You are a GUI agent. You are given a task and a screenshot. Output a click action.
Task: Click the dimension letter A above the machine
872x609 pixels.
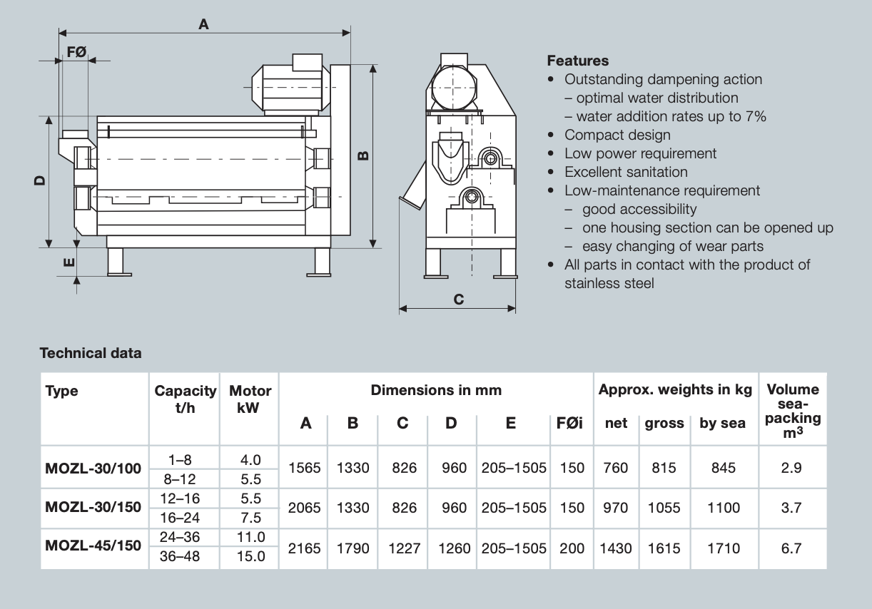click(x=203, y=24)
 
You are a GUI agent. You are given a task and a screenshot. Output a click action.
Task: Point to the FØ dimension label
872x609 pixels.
click(x=76, y=51)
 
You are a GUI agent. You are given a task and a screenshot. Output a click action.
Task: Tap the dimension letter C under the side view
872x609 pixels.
click(x=459, y=300)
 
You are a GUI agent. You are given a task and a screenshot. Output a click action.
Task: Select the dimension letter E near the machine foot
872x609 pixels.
click(x=69, y=262)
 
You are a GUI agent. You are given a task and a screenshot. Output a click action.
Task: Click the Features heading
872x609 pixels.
click(x=578, y=61)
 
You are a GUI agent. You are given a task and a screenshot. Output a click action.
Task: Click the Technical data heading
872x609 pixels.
click(x=91, y=353)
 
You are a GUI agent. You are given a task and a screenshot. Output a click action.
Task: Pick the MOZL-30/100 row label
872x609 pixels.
click(x=93, y=469)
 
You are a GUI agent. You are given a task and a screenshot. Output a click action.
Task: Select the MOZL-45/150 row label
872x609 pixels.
click(x=93, y=546)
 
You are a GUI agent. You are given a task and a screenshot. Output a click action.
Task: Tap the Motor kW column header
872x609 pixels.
click(x=250, y=399)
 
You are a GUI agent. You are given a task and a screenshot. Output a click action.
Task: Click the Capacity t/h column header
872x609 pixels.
click(x=185, y=399)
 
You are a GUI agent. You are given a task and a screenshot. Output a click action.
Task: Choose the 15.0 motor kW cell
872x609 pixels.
click(x=250, y=556)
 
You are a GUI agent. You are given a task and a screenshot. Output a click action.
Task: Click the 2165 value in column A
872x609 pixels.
click(x=304, y=548)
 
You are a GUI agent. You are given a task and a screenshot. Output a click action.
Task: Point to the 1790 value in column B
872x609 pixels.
click(x=353, y=548)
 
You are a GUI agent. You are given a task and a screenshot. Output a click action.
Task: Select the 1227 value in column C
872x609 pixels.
click(x=403, y=548)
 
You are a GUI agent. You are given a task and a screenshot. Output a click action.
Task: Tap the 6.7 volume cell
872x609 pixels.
click(x=791, y=548)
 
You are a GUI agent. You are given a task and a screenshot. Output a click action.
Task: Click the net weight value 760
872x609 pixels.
click(x=615, y=468)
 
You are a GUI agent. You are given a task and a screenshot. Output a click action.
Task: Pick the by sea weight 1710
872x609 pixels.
click(x=723, y=548)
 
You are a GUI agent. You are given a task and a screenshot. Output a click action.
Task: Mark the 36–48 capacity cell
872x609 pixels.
click(x=176, y=556)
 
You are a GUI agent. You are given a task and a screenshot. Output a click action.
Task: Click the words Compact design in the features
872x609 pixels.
click(x=617, y=135)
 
